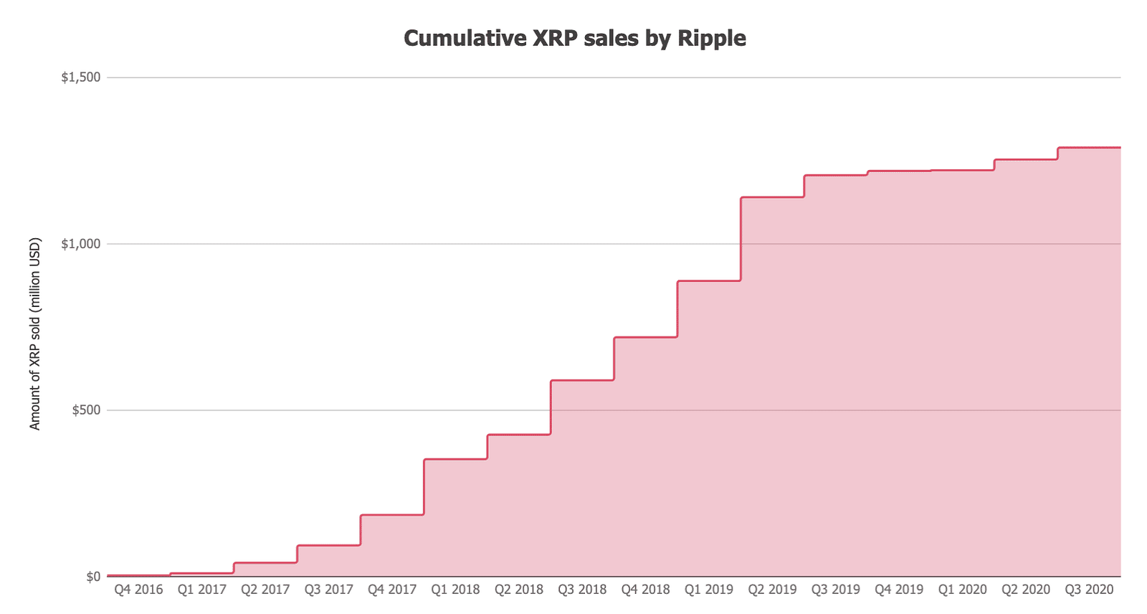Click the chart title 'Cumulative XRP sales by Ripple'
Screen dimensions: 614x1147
[x=574, y=38]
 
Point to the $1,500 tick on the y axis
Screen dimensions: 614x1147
[x=81, y=77]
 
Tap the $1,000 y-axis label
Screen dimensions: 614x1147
[x=81, y=244]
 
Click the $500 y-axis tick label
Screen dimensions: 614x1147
[x=86, y=410]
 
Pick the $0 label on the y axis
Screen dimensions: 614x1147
[x=92, y=577]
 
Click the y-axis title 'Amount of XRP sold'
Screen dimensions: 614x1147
[x=35, y=334]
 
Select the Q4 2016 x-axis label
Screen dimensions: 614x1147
[x=138, y=590]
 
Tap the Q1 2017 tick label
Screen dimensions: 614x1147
[x=202, y=590]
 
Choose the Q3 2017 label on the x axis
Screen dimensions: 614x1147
[x=329, y=590]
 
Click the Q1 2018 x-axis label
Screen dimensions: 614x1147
[x=455, y=590]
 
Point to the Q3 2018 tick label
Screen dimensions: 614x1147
[x=582, y=590]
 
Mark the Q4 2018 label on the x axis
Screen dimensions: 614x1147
[x=645, y=590]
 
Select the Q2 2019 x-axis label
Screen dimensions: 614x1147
[x=772, y=590]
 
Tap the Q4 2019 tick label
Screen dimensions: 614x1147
[x=899, y=590]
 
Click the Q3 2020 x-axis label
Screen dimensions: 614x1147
[x=1089, y=590]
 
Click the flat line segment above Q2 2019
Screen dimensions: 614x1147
[x=772, y=197]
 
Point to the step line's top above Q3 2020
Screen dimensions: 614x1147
[x=1089, y=148]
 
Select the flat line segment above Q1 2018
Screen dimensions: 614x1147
[x=455, y=459]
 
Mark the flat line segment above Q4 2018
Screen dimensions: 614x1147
[x=645, y=337]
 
